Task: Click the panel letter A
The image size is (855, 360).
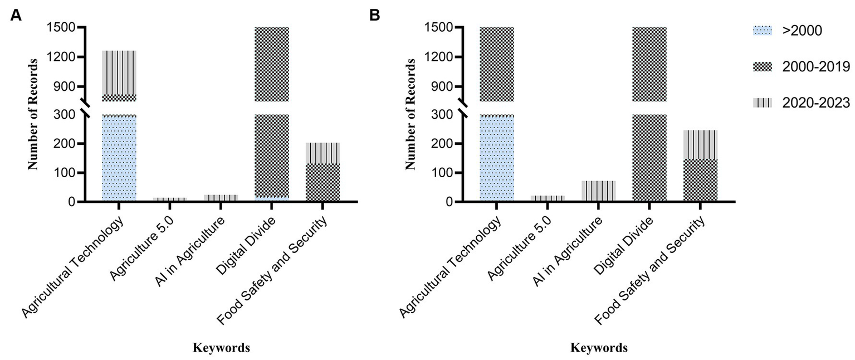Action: (x=17, y=15)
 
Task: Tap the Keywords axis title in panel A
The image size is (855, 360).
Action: (x=221, y=348)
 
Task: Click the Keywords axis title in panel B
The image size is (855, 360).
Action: (x=599, y=348)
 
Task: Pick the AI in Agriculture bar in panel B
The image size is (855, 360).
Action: (x=599, y=191)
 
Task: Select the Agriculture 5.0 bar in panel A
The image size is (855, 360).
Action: (x=170, y=199)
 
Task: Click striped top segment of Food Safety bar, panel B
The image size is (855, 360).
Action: (x=700, y=144)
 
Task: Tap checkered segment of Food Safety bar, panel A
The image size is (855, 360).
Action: (x=323, y=182)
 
